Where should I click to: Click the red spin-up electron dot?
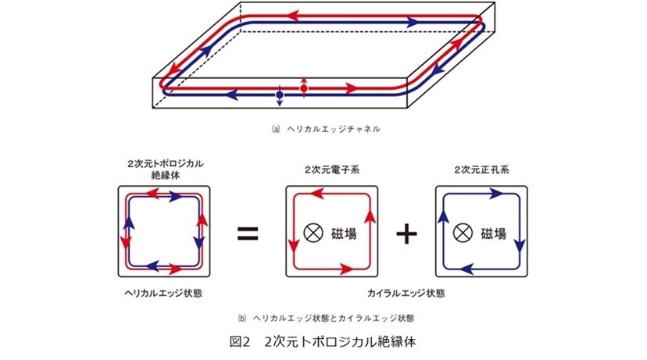coord(304,88)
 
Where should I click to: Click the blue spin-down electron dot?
coord(279,94)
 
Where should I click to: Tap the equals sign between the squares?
coord(248,233)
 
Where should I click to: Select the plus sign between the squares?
coord(406,233)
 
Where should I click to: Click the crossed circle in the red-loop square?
coord(313,233)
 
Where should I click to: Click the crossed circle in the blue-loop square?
coord(463,233)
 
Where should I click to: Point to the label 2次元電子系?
coord(332,169)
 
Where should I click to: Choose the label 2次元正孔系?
coord(481,169)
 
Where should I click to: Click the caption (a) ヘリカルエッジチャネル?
coord(326,129)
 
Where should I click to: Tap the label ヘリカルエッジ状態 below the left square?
coord(163,293)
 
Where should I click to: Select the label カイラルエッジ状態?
coord(406,293)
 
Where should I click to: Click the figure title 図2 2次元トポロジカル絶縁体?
coord(323,342)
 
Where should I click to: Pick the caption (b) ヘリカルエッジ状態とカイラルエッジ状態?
coord(326,319)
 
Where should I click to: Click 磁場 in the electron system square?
coord(344,233)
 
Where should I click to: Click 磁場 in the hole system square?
coord(494,233)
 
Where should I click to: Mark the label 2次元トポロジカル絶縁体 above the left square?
coord(166,169)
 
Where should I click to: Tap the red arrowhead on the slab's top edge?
coord(293,16)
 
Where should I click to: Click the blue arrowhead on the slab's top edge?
coord(413,23)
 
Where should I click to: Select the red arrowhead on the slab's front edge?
coord(351,87)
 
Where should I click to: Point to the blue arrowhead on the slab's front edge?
coord(232,94)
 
